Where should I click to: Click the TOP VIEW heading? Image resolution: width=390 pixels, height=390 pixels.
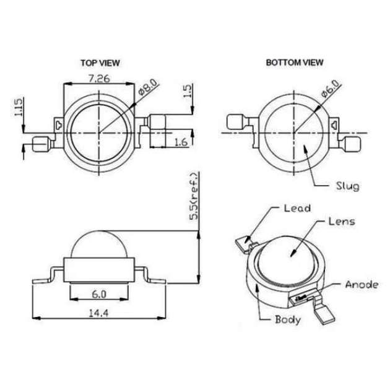pyautogui.click(x=100, y=63)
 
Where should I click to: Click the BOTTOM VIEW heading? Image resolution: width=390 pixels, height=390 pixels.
pyautogui.click(x=295, y=63)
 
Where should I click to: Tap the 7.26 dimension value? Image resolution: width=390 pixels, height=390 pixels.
pyautogui.click(x=99, y=79)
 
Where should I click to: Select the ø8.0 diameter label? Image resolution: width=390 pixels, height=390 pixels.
pyautogui.click(x=149, y=87)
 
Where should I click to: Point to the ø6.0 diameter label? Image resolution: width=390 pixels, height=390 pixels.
pyautogui.click(x=331, y=89)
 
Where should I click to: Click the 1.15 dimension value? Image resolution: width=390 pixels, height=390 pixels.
pyautogui.click(x=19, y=107)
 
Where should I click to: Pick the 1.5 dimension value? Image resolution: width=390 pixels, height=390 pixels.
pyautogui.click(x=188, y=91)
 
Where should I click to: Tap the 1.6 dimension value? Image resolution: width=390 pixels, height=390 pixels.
pyautogui.click(x=181, y=142)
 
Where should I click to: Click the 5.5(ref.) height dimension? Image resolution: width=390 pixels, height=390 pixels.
pyautogui.click(x=194, y=196)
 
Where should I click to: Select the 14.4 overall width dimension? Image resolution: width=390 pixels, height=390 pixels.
pyautogui.click(x=99, y=313)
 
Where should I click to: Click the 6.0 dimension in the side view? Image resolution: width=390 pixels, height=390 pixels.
pyautogui.click(x=99, y=295)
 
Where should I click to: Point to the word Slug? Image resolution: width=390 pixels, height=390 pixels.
pyautogui.click(x=348, y=186)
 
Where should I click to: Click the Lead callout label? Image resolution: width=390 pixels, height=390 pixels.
pyautogui.click(x=298, y=208)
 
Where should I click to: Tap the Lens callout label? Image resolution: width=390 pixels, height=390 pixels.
pyautogui.click(x=342, y=222)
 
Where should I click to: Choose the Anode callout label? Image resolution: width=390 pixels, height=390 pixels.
pyautogui.click(x=362, y=285)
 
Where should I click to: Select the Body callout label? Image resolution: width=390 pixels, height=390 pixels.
pyautogui.click(x=288, y=319)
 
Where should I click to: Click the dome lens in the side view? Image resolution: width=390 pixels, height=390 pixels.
pyautogui.click(x=99, y=245)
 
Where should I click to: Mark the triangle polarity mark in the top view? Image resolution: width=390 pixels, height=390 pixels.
pyautogui.click(x=59, y=125)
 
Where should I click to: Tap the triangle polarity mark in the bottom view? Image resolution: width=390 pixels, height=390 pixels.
pyautogui.click(x=334, y=124)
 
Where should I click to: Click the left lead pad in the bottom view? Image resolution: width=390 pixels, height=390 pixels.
pyautogui.click(x=235, y=122)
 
